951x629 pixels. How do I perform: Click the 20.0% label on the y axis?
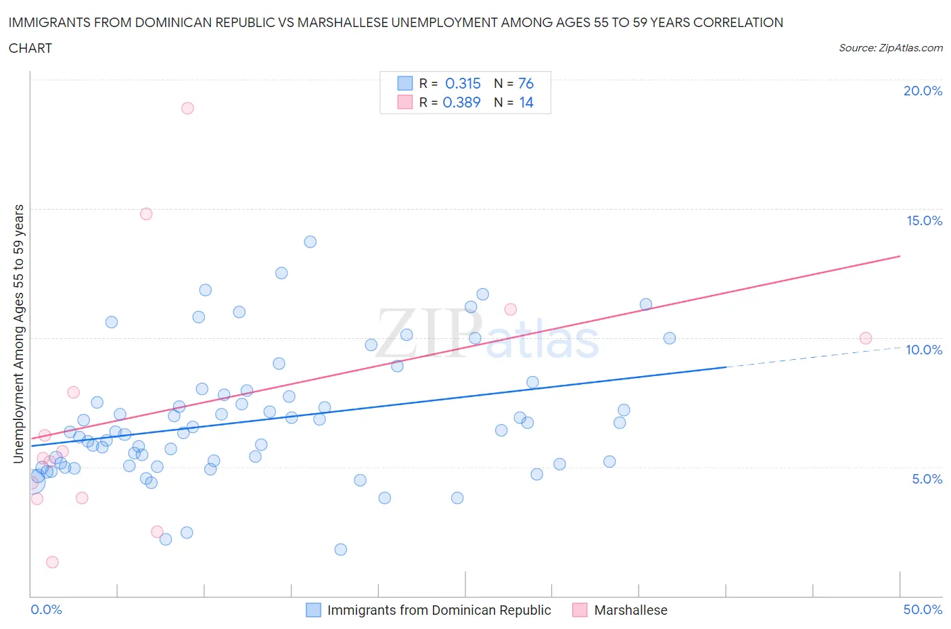click(x=923, y=91)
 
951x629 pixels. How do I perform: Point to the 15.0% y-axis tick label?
click(x=924, y=220)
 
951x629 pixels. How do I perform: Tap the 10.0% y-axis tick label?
click(x=924, y=350)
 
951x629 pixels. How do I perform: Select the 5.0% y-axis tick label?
click(x=927, y=479)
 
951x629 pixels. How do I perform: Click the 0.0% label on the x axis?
click(x=46, y=609)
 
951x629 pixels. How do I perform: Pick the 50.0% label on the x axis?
click(x=923, y=609)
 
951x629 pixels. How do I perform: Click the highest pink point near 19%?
click(x=187, y=108)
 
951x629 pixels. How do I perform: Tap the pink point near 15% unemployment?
click(x=146, y=214)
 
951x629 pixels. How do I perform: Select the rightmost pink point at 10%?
click(x=865, y=338)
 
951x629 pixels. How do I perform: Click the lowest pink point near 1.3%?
click(x=52, y=562)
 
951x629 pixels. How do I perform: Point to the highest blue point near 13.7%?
click(x=310, y=241)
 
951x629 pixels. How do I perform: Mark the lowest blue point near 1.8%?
click(x=340, y=549)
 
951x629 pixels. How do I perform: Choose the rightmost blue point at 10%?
click(x=669, y=338)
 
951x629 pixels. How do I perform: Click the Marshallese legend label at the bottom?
click(x=630, y=610)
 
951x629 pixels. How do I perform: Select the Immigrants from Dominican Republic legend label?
click(x=438, y=610)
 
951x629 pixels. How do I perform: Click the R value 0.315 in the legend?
click(x=463, y=83)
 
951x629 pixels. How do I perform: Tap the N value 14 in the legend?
click(x=526, y=102)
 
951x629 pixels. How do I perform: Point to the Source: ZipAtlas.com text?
click(x=890, y=48)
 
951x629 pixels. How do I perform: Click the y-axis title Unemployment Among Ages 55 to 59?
click(x=18, y=333)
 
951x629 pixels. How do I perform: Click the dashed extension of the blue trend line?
click(x=812, y=357)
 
